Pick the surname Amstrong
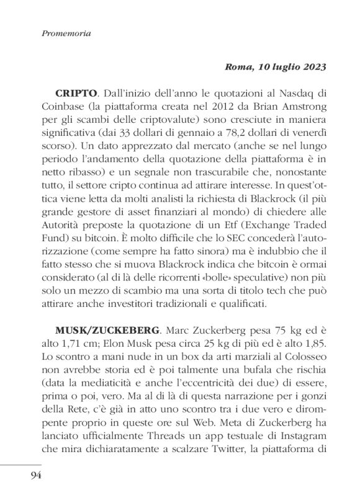coord(302,108)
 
